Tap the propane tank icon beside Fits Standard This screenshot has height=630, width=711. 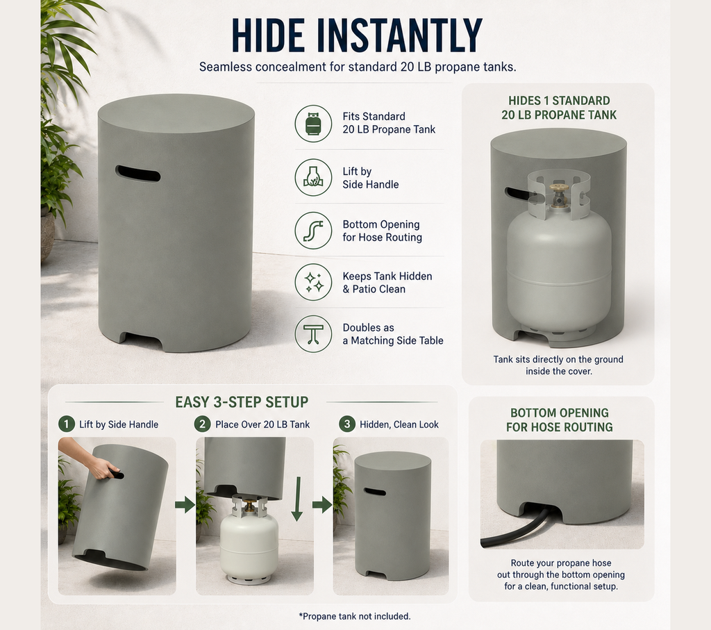[313, 124]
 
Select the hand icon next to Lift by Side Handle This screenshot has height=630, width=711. [313, 177]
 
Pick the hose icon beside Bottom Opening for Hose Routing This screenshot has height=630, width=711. [313, 231]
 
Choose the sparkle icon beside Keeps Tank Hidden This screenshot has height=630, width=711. [313, 282]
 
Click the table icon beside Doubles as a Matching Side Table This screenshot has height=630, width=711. [313, 334]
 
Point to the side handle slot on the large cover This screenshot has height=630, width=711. [137, 174]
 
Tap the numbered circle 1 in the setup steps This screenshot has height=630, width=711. [66, 424]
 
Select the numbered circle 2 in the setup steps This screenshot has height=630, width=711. [202, 424]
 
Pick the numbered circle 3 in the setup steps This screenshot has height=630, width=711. [347, 424]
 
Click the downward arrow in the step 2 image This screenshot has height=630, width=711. [297, 499]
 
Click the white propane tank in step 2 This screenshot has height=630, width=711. [249, 540]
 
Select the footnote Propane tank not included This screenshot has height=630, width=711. [355, 616]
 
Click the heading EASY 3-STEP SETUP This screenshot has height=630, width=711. [242, 402]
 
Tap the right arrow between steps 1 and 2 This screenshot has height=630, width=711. [185, 505]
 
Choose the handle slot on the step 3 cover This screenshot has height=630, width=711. [374, 492]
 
